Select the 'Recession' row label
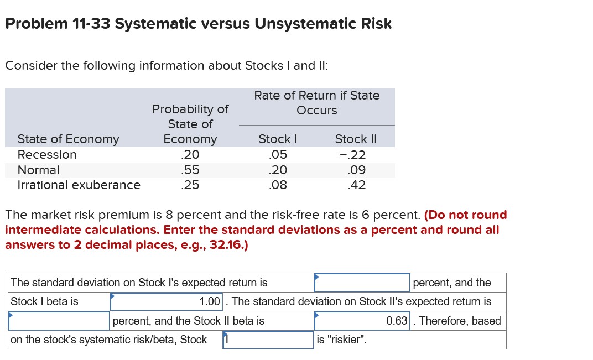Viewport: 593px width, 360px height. [x=47, y=155]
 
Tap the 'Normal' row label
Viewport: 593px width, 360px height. [x=38, y=170]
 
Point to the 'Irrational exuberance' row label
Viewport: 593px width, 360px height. [x=79, y=185]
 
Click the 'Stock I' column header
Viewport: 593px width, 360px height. [x=278, y=139]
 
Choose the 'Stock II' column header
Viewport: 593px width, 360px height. [x=356, y=139]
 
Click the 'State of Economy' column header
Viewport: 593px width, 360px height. [x=68, y=139]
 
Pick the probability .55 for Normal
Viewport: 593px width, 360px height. [x=190, y=170]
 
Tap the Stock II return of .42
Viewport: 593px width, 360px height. [x=356, y=185]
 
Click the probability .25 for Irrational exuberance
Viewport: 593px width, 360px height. [x=190, y=185]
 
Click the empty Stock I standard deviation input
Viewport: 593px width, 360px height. [x=362, y=283]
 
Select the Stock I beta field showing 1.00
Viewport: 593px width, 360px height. [x=166, y=302]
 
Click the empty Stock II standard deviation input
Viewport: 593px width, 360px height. [x=59, y=321]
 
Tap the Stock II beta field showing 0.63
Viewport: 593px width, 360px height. [x=362, y=321]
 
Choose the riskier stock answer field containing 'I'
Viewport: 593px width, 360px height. [x=268, y=340]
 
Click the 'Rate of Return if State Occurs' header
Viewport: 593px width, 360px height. [x=316, y=103]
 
